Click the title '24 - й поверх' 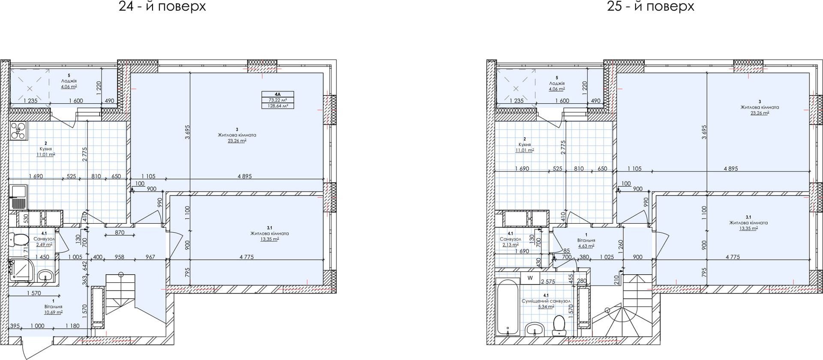tap(162, 6)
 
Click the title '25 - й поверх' tap(650, 6)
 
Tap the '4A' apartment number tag tap(278, 94)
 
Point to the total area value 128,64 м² tap(278, 105)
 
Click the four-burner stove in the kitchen tap(18, 132)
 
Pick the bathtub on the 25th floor tap(508, 307)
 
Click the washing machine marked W tap(530, 278)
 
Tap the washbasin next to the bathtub tap(535, 330)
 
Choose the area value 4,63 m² tap(585, 246)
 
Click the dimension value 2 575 tap(548, 282)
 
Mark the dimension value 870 tap(120, 233)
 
